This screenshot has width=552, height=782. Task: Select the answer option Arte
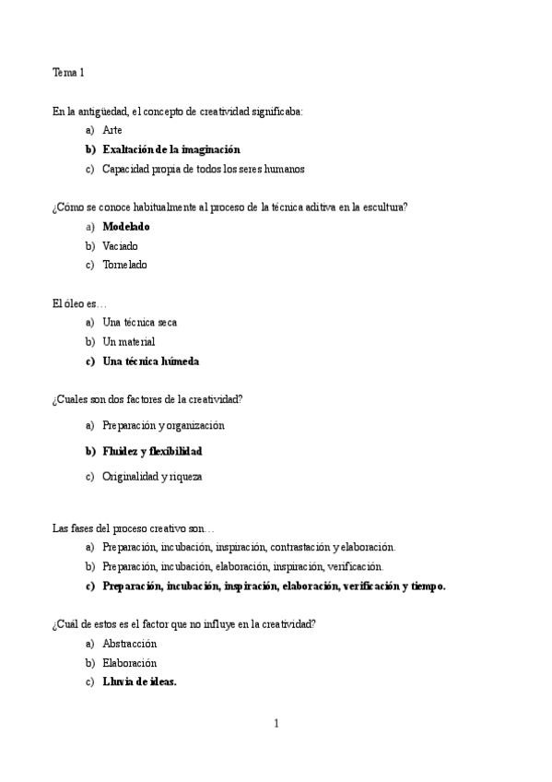[112, 130]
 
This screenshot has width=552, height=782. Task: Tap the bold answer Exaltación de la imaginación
[170, 149]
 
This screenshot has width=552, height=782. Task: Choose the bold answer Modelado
[126, 227]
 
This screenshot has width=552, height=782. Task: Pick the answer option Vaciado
[120, 246]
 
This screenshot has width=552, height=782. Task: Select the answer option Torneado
[124, 266]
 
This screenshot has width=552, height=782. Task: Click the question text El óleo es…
[79, 303]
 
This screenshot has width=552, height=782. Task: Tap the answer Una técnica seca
[139, 323]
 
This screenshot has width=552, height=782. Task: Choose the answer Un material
[128, 342]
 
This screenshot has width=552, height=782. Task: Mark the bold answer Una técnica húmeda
[150, 361]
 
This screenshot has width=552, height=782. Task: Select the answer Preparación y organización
[163, 425]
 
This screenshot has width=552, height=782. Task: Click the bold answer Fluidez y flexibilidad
[152, 451]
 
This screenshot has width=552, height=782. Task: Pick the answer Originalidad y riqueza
[152, 477]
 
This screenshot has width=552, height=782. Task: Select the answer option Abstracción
[129, 644]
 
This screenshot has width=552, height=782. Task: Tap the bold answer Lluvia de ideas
[139, 682]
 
